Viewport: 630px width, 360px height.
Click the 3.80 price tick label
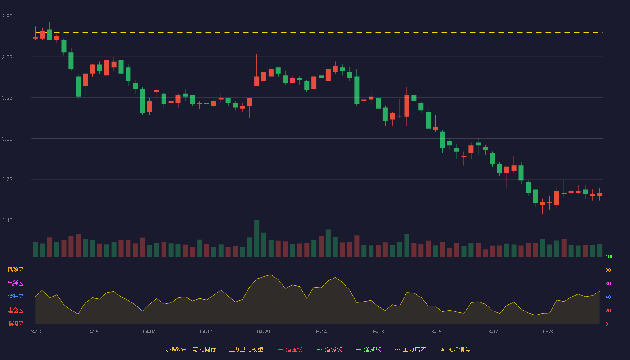coord(7,17)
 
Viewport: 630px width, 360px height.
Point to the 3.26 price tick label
coord(7,98)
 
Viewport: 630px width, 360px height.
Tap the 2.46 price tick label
coord(7,220)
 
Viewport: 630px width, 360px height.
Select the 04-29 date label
coord(263,332)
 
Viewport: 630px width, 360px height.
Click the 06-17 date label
coord(492,332)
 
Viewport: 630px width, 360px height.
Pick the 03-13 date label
coord(35,332)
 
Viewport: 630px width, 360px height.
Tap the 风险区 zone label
coord(15,270)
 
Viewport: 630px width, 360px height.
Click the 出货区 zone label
coord(15,283)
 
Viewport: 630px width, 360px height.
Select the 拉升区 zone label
coord(15,297)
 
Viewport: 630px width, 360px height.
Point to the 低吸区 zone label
coord(15,324)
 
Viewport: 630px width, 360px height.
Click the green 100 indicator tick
coord(609,256)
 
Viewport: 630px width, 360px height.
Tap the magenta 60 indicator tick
coord(608,283)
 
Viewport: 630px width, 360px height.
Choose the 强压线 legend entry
coord(290,349)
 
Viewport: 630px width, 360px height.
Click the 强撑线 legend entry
coord(369,349)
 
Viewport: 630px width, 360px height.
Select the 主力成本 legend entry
coord(410,349)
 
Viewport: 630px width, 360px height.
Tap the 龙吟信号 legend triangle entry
coord(455,349)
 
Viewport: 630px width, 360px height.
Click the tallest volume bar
coord(256,238)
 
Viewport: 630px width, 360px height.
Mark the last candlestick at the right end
coord(599,194)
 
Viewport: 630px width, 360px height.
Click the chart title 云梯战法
coord(175,349)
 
